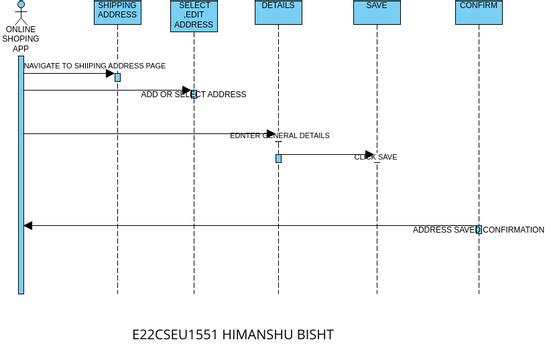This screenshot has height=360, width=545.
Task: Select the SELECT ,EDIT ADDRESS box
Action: click(x=193, y=15)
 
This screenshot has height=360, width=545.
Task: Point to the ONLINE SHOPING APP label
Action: click(x=20, y=38)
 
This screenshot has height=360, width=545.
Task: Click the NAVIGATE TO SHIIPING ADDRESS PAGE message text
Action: click(x=95, y=65)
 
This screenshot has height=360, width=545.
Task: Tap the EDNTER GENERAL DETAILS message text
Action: click(x=279, y=135)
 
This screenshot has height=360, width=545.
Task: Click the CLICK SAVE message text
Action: click(x=375, y=157)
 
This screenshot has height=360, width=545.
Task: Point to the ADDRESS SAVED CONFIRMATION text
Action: click(x=478, y=230)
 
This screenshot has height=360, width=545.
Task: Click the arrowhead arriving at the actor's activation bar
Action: click(x=28, y=226)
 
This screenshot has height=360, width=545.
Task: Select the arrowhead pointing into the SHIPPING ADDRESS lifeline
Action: click(x=111, y=73)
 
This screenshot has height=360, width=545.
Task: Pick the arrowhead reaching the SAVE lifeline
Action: click(x=370, y=154)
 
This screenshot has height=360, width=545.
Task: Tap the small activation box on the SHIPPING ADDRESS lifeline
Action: click(x=117, y=77)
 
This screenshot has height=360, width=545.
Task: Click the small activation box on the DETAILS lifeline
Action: click(x=278, y=158)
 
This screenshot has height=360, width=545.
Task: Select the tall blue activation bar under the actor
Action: click(x=20, y=175)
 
